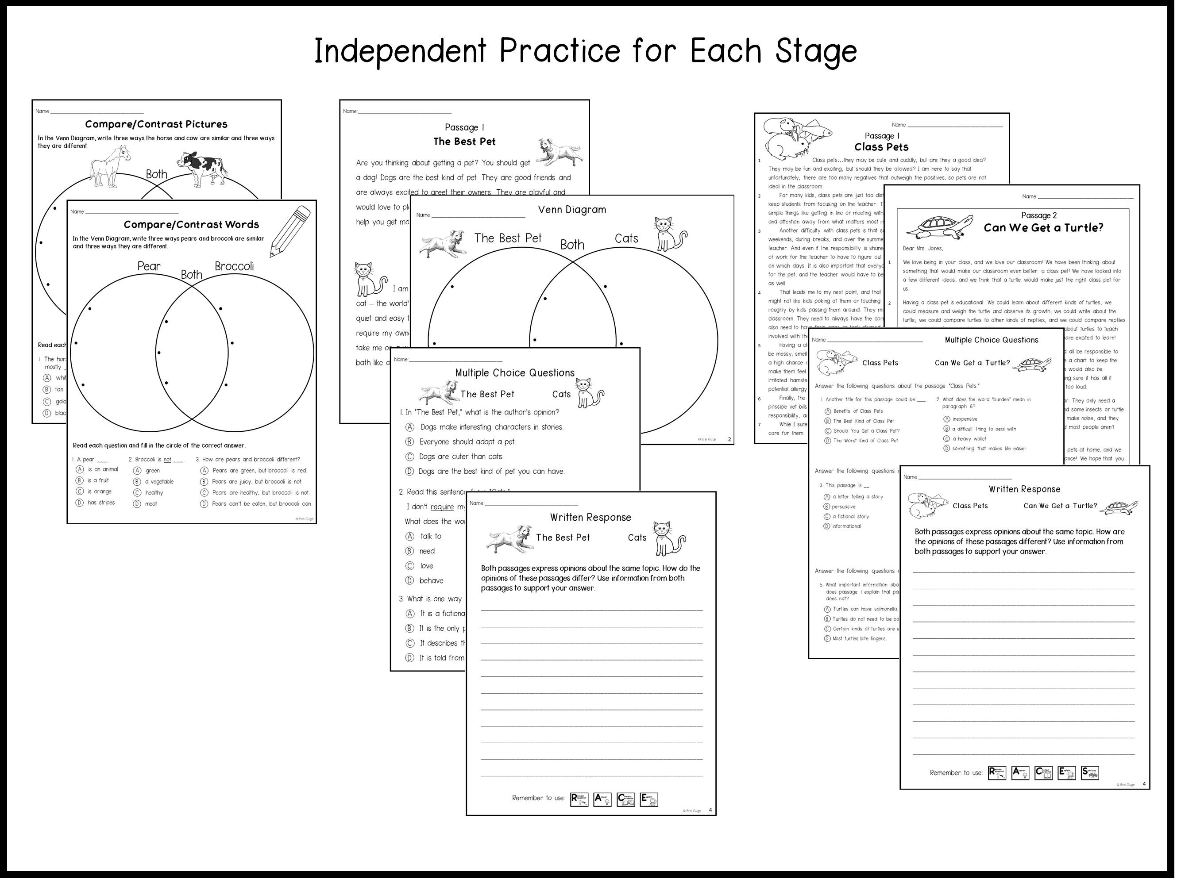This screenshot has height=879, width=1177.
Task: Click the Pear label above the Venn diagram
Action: [149, 266]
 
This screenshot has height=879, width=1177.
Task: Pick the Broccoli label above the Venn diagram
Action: [234, 266]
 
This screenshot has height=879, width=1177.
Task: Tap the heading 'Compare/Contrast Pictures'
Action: [156, 124]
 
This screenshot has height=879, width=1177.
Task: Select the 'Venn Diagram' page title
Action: [572, 210]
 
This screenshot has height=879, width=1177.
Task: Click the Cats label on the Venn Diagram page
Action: [626, 239]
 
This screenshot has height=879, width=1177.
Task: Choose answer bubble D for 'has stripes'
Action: [80, 503]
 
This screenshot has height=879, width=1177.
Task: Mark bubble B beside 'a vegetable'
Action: [137, 482]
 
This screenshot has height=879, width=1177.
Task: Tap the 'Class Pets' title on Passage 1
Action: [881, 147]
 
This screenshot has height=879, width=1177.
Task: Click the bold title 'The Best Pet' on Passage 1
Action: [464, 142]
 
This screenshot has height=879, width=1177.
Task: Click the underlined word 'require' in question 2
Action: [442, 507]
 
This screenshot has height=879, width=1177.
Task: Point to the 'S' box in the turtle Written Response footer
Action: [1090, 773]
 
